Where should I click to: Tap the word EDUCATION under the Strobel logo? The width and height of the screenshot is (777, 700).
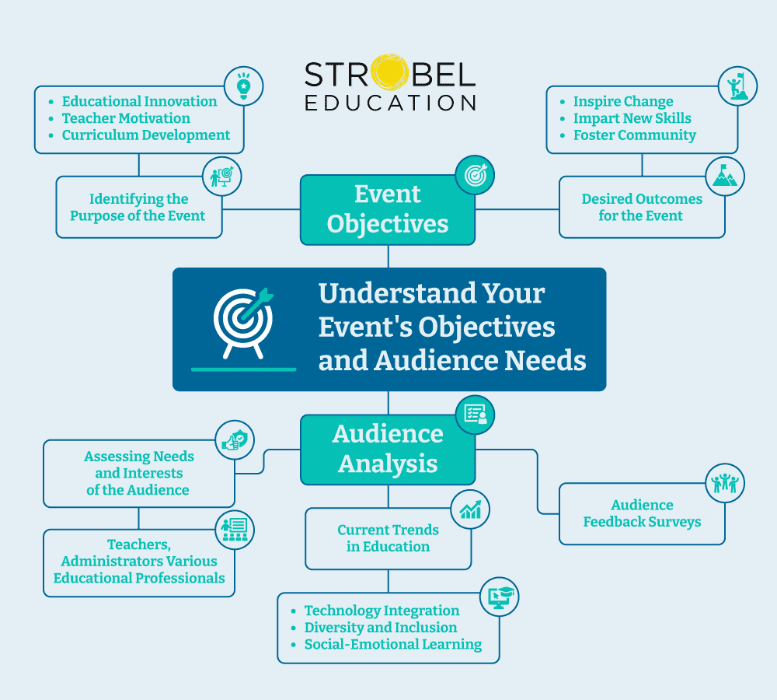tap(390, 103)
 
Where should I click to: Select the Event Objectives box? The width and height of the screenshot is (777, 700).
tap(388, 209)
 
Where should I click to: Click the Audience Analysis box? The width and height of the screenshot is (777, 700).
tap(388, 449)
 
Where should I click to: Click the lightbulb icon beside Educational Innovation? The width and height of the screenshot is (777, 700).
tap(244, 86)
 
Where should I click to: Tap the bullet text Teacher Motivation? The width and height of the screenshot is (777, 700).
tap(126, 118)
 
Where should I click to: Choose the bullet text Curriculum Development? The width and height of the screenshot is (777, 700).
tap(146, 135)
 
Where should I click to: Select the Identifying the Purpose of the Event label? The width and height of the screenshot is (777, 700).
tap(138, 208)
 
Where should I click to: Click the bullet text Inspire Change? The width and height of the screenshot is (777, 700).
tap(623, 102)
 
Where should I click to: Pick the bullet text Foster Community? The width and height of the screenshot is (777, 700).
tap(634, 135)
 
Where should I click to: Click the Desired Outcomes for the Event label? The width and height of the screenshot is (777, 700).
tap(642, 208)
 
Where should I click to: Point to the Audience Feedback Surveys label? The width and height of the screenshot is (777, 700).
tap(642, 513)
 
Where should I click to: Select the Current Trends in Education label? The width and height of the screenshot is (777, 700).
tap(388, 538)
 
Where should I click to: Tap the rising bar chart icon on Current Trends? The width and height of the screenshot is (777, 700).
tap(470, 509)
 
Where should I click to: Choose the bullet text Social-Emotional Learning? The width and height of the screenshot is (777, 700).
tap(392, 645)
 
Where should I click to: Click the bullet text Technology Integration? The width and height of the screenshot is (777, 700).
tap(382, 611)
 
